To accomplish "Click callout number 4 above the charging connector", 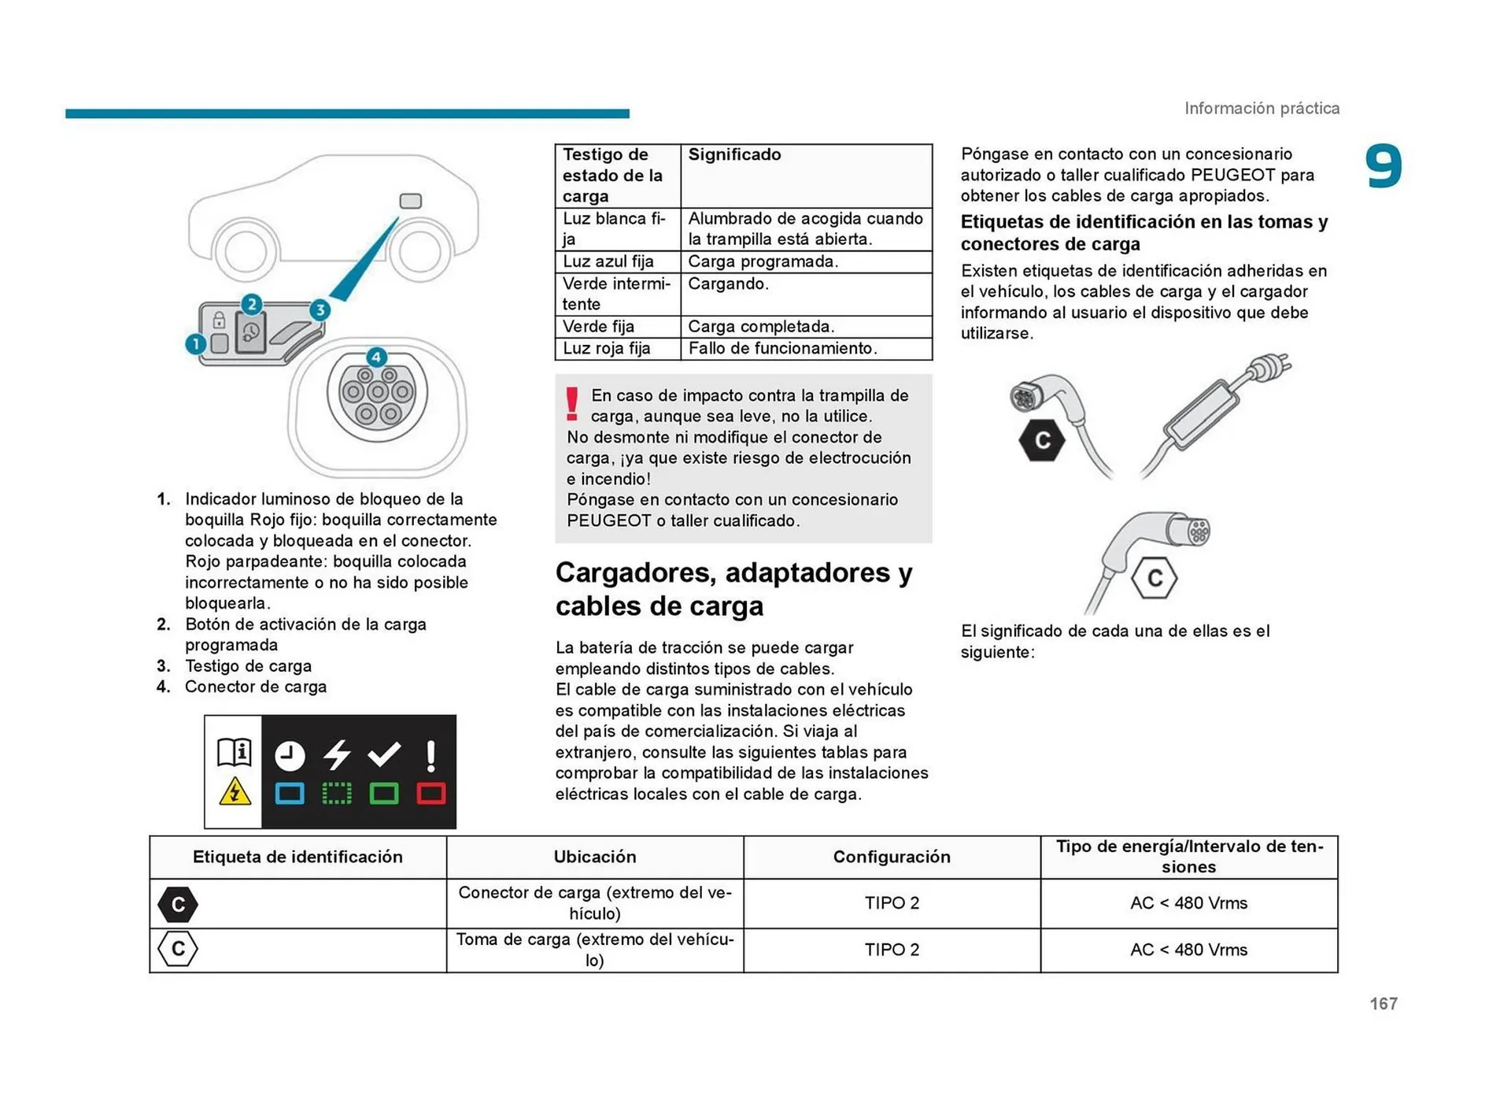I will tap(376, 357).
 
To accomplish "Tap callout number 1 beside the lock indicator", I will tap(195, 344).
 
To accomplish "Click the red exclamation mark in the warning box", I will tap(572, 403).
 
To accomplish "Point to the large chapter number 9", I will tap(1383, 167).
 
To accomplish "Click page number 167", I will tap(1383, 1003).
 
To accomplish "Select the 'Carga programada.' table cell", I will tap(804, 261).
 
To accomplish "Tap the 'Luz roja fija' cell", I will tap(617, 348).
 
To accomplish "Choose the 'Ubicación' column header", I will tap(594, 857).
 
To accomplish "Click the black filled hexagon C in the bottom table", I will tap(178, 904).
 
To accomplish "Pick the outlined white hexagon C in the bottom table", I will tap(178, 949).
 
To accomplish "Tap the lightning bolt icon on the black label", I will tap(337, 754).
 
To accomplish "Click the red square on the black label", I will tap(430, 793).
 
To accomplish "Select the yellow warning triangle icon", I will tap(235, 791).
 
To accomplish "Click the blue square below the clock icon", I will tap(290, 793).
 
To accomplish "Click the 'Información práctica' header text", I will tap(1262, 108).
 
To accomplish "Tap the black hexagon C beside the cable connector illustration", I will tap(1042, 440).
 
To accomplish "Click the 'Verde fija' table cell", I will tap(617, 326).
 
